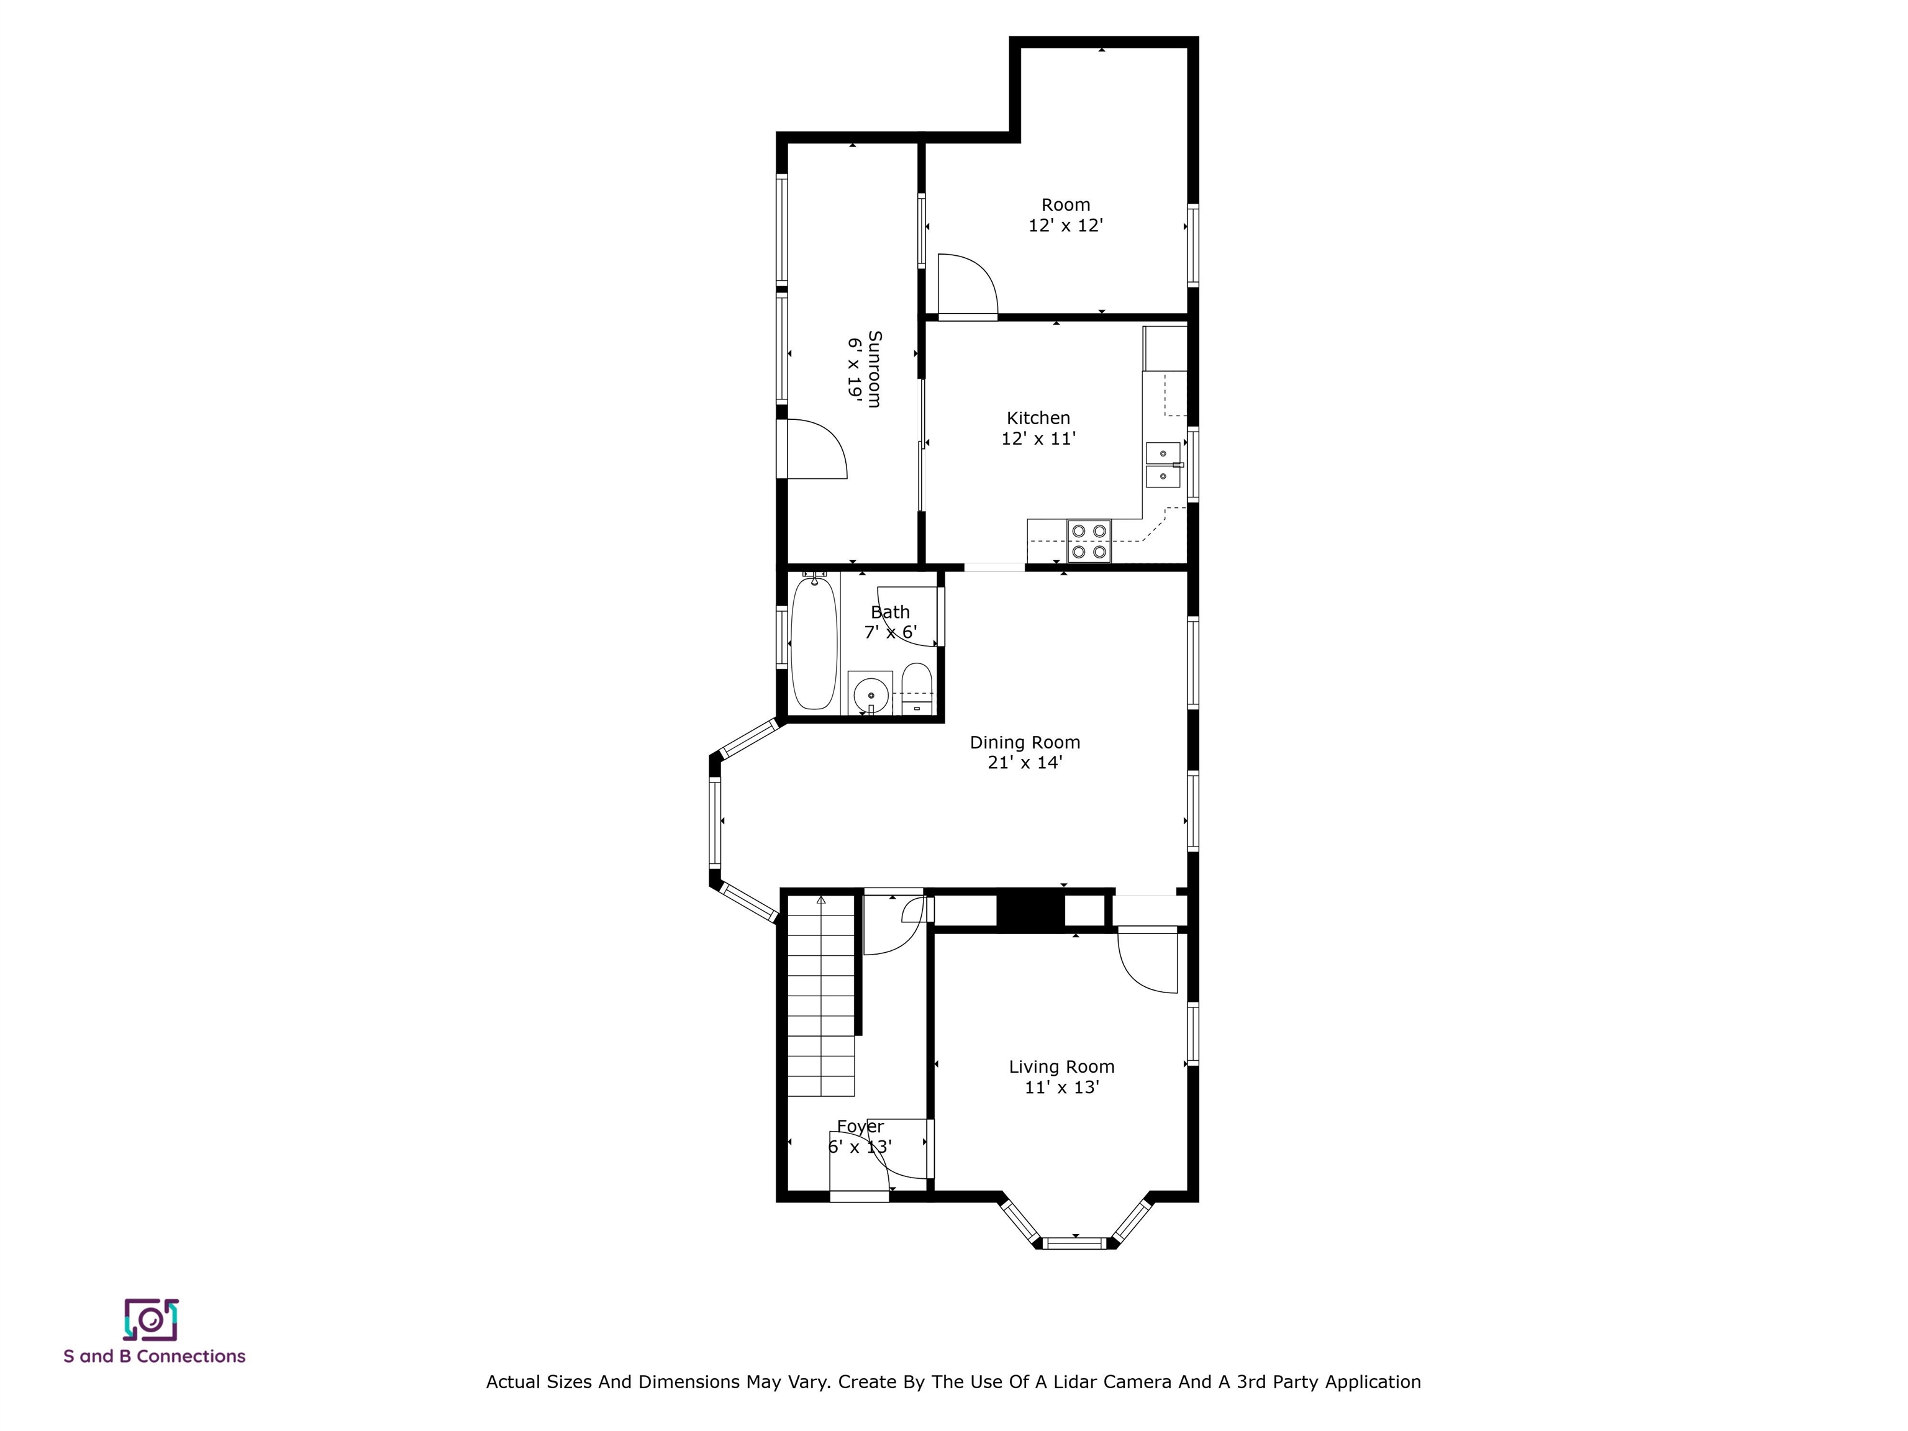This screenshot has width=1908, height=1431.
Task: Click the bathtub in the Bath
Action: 814,643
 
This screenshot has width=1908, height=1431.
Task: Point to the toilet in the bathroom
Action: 916,688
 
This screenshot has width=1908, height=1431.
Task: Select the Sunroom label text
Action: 874,368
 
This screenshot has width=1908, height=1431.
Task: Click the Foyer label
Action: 860,1127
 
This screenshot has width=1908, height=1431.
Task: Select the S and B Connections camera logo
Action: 151,1320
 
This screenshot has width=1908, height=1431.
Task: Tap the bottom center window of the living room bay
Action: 1074,1243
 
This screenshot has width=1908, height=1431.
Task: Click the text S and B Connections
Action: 155,1356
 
